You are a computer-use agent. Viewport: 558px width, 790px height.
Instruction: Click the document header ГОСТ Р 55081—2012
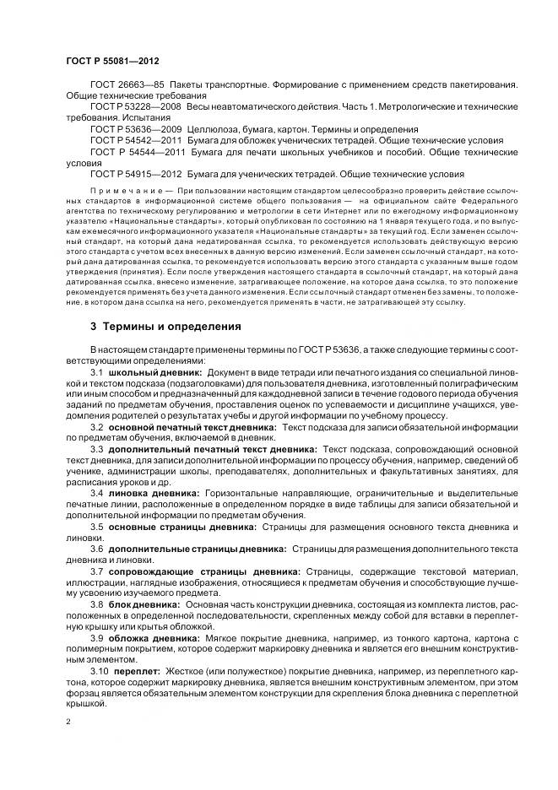(x=111, y=61)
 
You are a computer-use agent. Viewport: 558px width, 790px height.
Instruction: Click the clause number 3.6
(x=96, y=549)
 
